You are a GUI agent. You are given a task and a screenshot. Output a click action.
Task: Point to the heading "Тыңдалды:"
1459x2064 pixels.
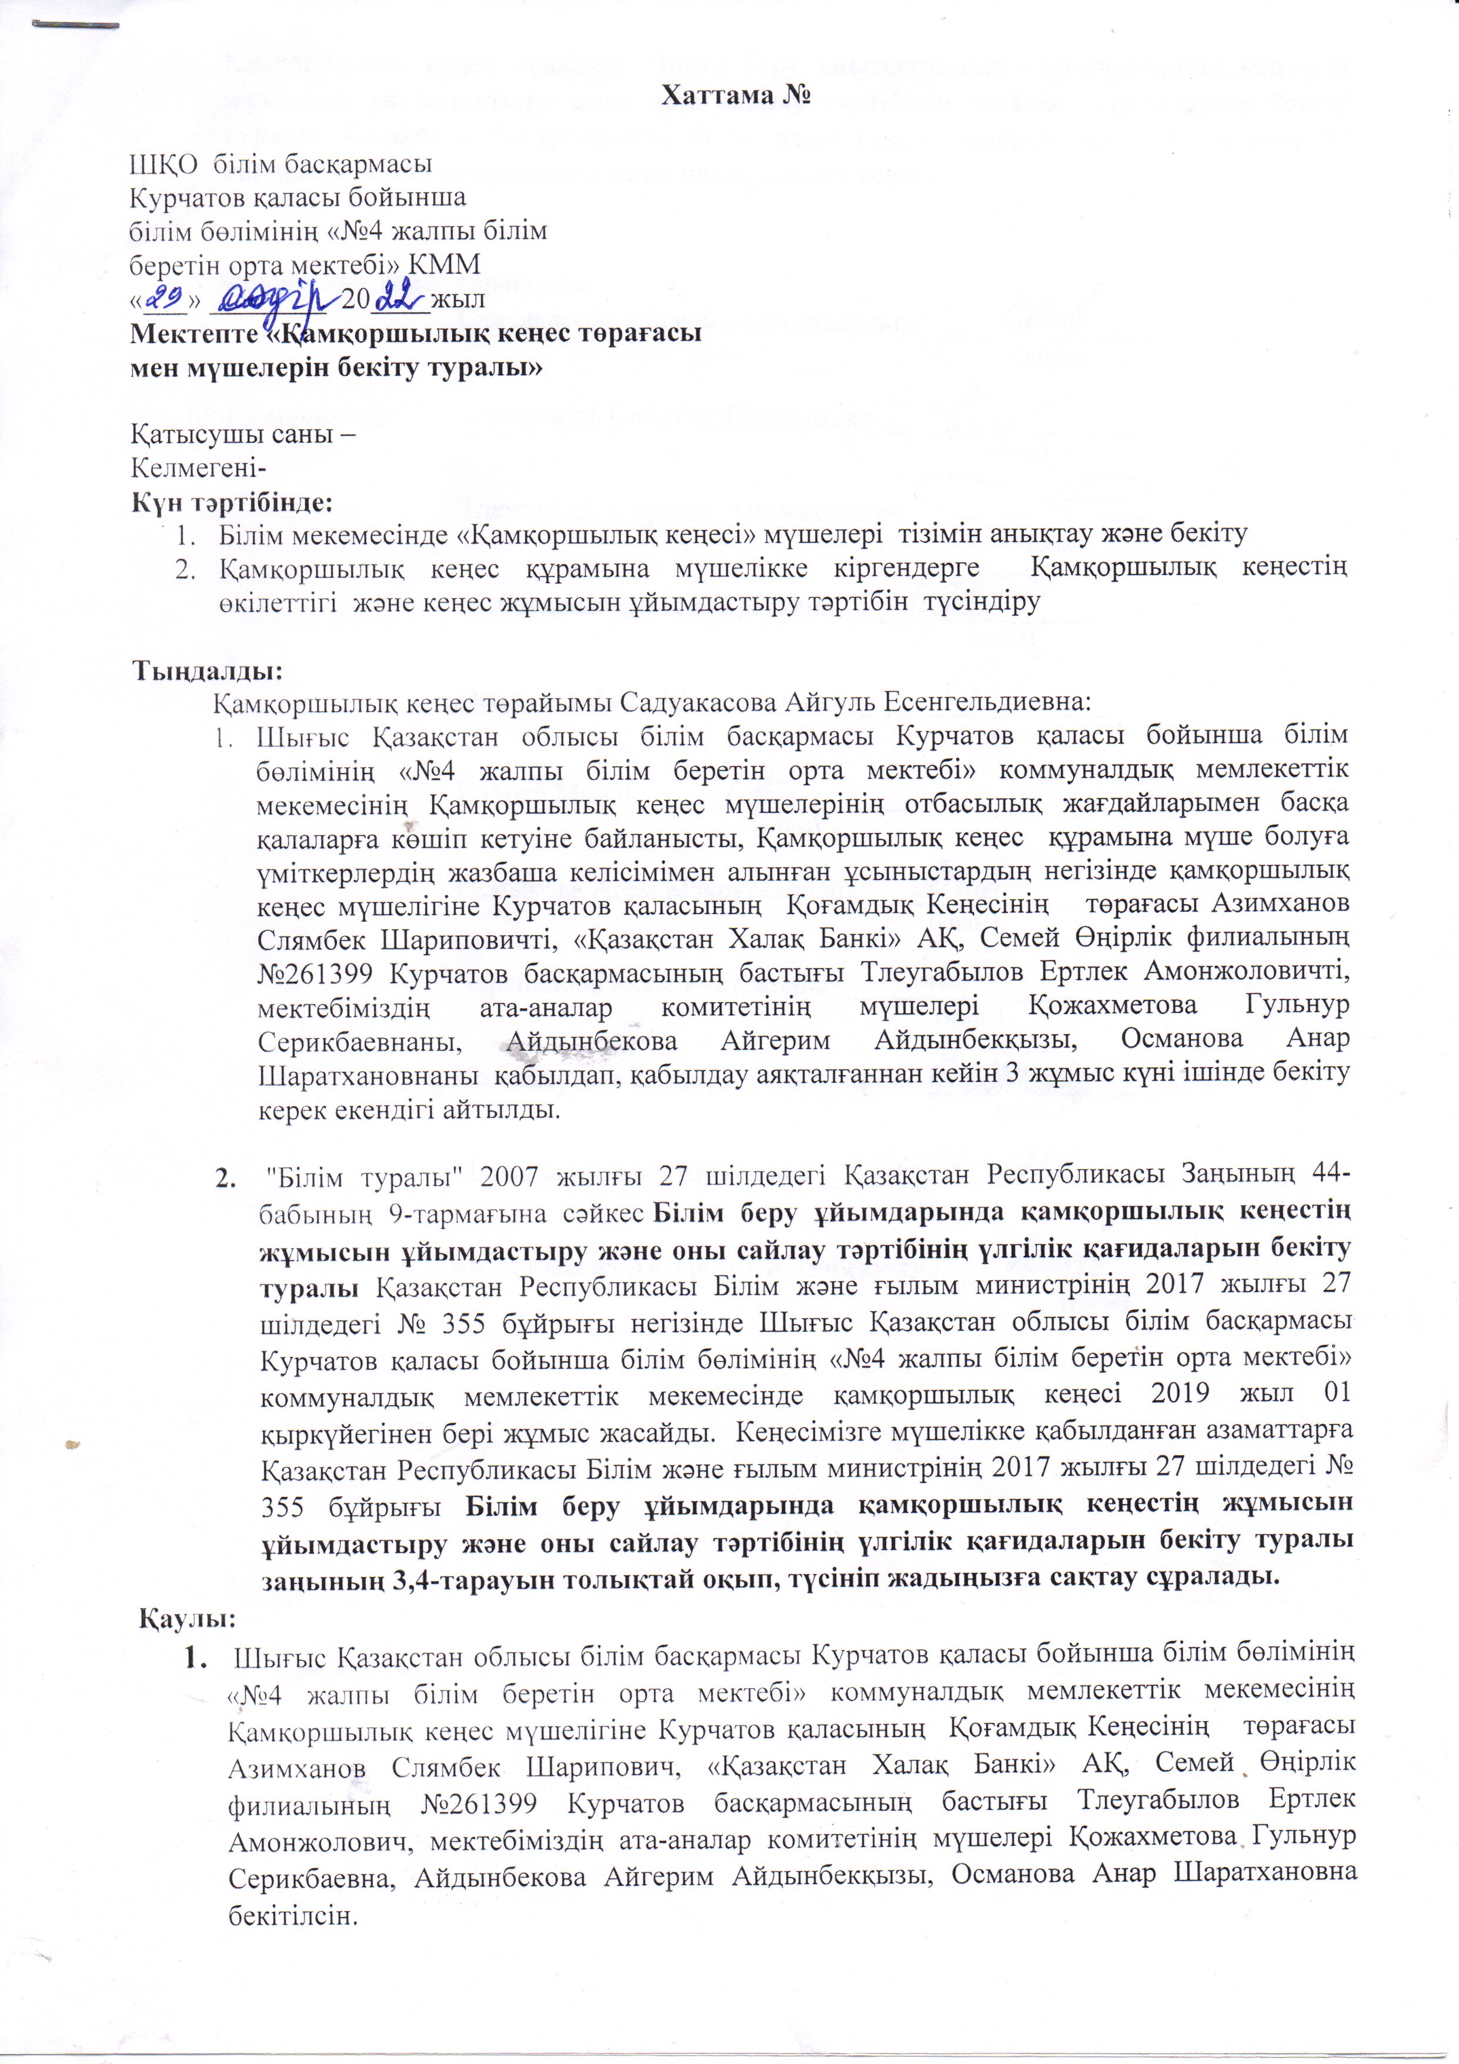(x=208, y=671)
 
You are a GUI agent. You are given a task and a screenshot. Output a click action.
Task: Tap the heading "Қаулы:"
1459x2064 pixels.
(x=188, y=1619)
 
